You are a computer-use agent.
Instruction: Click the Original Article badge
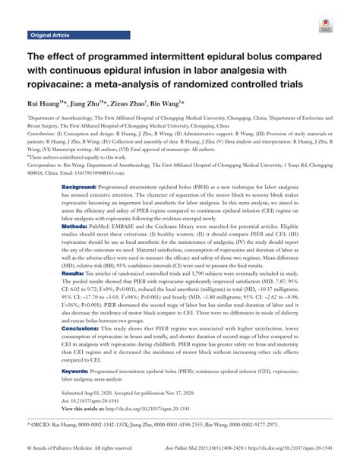[x=50, y=36]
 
